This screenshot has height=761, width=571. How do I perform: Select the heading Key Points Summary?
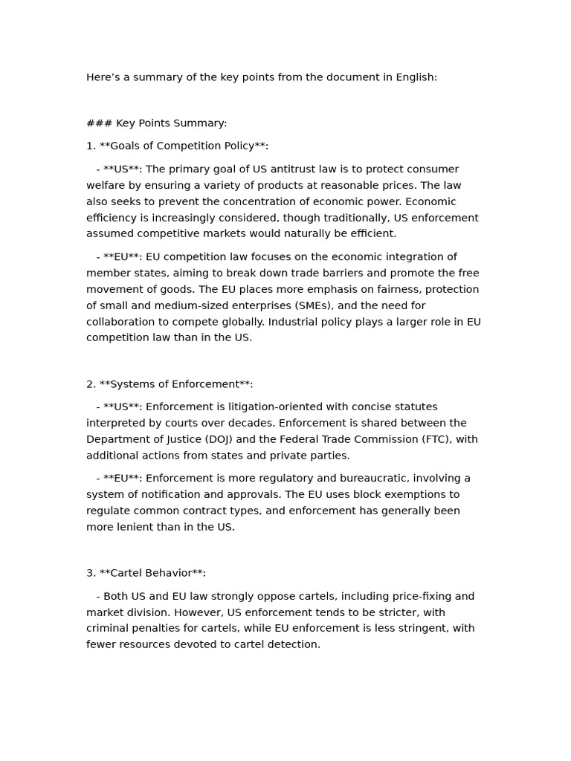(171, 123)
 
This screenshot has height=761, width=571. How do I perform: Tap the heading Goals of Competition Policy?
(183, 146)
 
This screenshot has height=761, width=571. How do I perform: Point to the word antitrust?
(294, 169)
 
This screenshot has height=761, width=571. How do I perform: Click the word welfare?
(106, 186)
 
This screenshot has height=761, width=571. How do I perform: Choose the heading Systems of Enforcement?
(175, 384)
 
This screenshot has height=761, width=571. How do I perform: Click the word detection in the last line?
(292, 644)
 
